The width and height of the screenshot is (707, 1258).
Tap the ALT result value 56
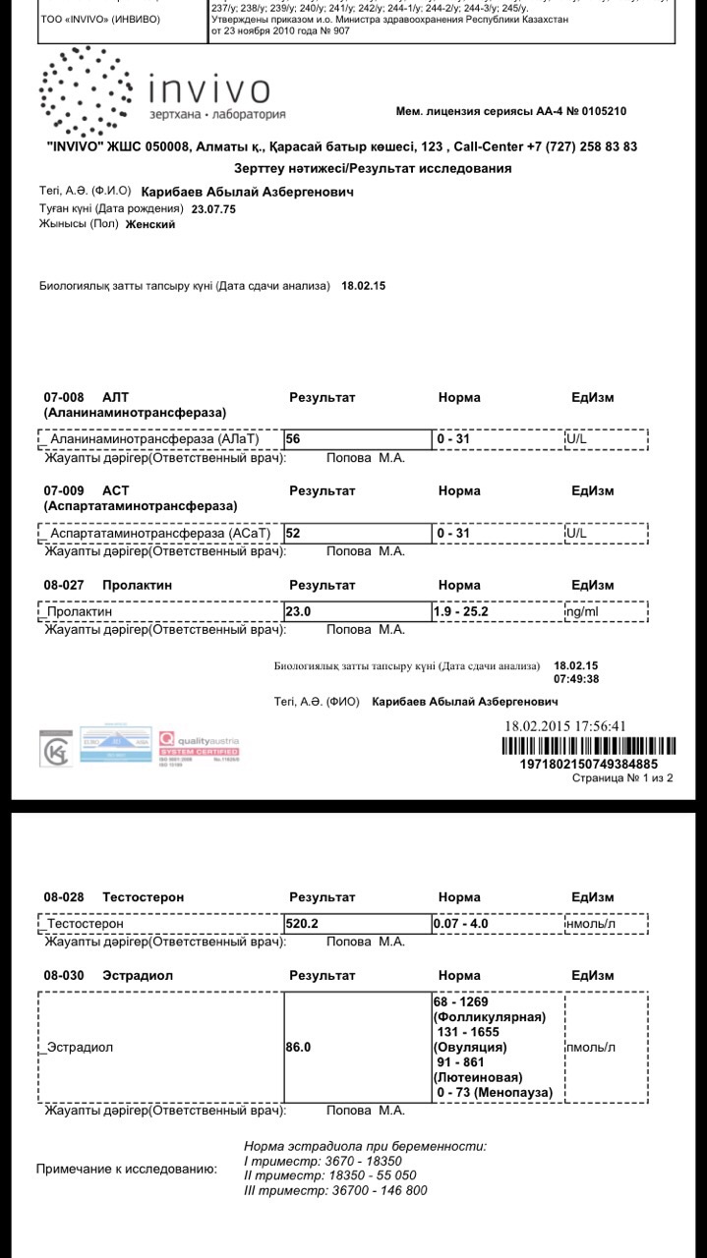click(x=292, y=439)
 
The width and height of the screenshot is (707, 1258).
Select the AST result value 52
click(x=292, y=533)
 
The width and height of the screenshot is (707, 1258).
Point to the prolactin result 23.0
click(x=298, y=611)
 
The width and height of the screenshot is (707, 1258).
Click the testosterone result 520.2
click(x=302, y=924)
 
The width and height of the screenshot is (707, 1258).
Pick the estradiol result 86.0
click(x=298, y=1048)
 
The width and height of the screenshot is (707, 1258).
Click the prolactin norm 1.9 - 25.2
click(x=461, y=611)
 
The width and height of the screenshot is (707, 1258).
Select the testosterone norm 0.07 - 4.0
click(x=461, y=924)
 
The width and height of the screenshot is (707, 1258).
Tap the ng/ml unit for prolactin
click(x=582, y=611)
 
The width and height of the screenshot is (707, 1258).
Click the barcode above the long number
click(x=588, y=745)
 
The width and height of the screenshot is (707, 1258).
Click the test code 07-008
click(x=64, y=398)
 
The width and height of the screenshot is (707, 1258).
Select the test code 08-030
click(x=64, y=977)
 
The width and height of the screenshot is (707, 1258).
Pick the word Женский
click(x=150, y=224)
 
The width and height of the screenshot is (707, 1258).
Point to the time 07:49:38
click(x=576, y=679)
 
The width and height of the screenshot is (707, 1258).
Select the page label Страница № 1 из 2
click(x=622, y=778)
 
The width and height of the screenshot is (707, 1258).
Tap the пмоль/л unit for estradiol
click(x=591, y=1048)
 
